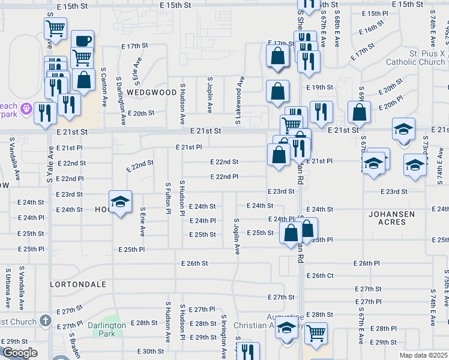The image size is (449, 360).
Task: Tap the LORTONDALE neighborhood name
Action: pyautogui.click(x=78, y=284)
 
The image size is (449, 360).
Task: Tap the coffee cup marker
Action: pyautogui.click(x=83, y=41)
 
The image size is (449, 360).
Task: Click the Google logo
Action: pyautogui.click(x=19, y=353)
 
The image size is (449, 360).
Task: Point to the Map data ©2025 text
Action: pyautogui.click(x=424, y=355)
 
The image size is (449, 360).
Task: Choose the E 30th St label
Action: pyautogui.click(x=151, y=352)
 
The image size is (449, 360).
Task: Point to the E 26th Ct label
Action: pyautogui.click(x=320, y=275)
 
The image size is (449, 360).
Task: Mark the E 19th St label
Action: pyautogui.click(x=319, y=88)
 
